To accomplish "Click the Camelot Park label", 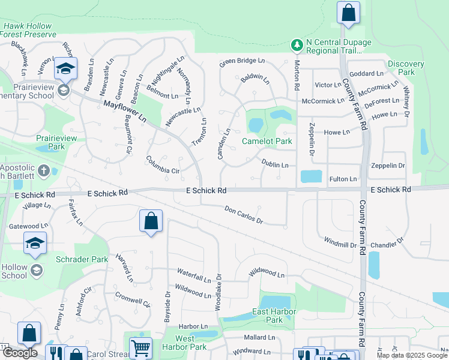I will point(267,142).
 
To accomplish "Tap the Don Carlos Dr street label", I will point(244,215).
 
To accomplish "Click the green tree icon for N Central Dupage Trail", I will point(297,45).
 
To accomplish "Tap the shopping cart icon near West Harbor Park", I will point(140,348).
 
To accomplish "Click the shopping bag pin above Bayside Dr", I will point(151,221).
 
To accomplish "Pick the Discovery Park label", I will point(406,68).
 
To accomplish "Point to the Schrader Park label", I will point(82,259).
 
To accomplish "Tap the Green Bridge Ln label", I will point(242,61).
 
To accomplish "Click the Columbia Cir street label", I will point(163,164).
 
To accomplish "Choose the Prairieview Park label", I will point(58,142).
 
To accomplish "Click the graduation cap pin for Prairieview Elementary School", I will point(65,70).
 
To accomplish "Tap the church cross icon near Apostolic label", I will point(43,172).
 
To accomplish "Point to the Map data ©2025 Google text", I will point(411,355).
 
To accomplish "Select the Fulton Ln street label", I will point(343,179).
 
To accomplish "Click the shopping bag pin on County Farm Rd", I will point(348,13).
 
